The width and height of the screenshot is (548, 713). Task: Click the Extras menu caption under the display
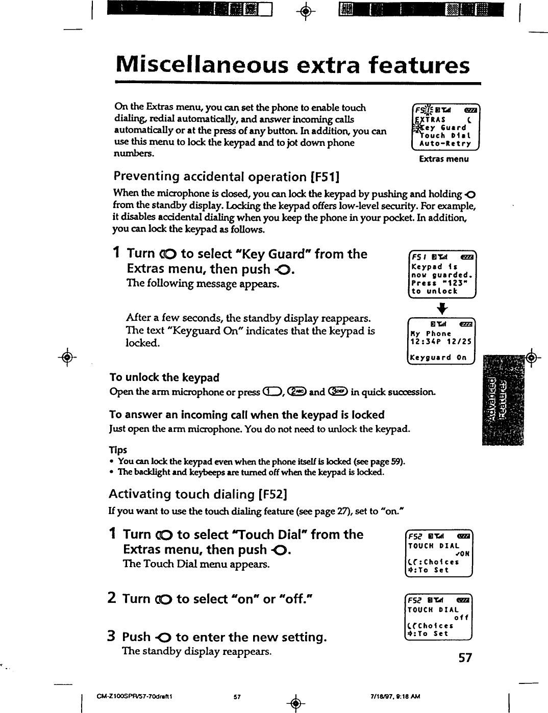pos(443,159)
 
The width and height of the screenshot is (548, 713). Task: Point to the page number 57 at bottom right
pos(465,658)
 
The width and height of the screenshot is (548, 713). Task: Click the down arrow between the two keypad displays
pos(442,308)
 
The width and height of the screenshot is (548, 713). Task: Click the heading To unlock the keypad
pos(164,377)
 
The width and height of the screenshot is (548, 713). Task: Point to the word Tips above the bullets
pos(118,450)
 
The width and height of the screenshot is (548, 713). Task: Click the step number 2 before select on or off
pos(112,598)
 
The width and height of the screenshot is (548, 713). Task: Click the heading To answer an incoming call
pos(247,415)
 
